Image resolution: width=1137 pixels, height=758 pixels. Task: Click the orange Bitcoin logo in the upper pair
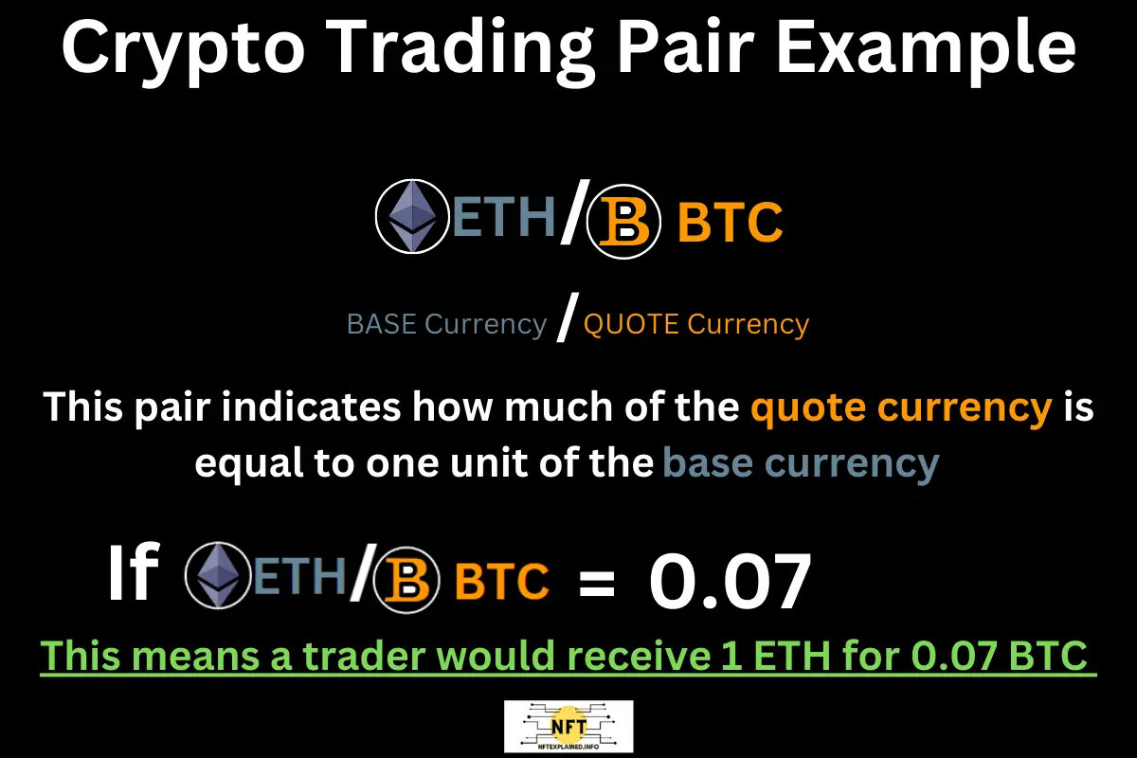coord(623,225)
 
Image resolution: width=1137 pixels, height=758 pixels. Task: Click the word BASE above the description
coord(383,325)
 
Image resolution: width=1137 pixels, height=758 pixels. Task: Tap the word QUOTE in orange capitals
coord(631,325)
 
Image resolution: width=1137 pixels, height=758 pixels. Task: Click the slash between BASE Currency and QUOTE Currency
coord(566,322)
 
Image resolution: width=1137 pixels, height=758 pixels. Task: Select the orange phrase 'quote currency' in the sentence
coord(901,408)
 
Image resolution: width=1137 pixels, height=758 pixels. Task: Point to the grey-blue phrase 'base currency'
coord(801,464)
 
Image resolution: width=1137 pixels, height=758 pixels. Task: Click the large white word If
coord(131,576)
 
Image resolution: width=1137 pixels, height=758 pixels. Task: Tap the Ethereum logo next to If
coord(219,578)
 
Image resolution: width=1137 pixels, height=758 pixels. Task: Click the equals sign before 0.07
coord(596,581)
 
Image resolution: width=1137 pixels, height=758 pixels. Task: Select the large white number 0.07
coord(730,580)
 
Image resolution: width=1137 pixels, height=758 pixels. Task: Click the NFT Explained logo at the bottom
coord(569,727)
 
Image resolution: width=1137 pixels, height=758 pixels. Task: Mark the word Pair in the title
coord(708,49)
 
